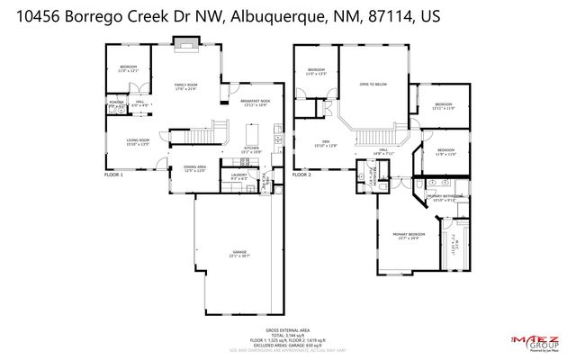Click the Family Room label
click(186, 85)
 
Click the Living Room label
click(137, 141)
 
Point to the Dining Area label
click(195, 168)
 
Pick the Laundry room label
click(238, 176)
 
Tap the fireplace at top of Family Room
click(186, 40)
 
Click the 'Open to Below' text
click(373, 85)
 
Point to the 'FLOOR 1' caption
click(112, 175)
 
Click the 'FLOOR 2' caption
click(301, 175)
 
